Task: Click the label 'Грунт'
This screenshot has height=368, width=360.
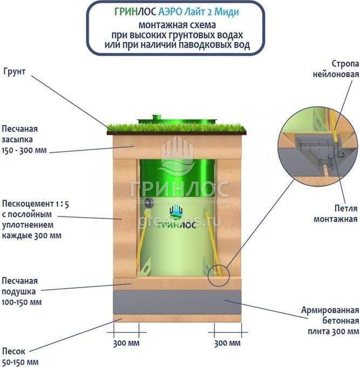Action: (x=14, y=71)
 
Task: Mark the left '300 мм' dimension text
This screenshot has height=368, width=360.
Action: (x=126, y=344)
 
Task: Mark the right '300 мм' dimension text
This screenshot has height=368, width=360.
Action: (x=227, y=344)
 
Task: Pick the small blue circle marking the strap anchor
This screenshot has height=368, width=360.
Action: (x=219, y=274)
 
